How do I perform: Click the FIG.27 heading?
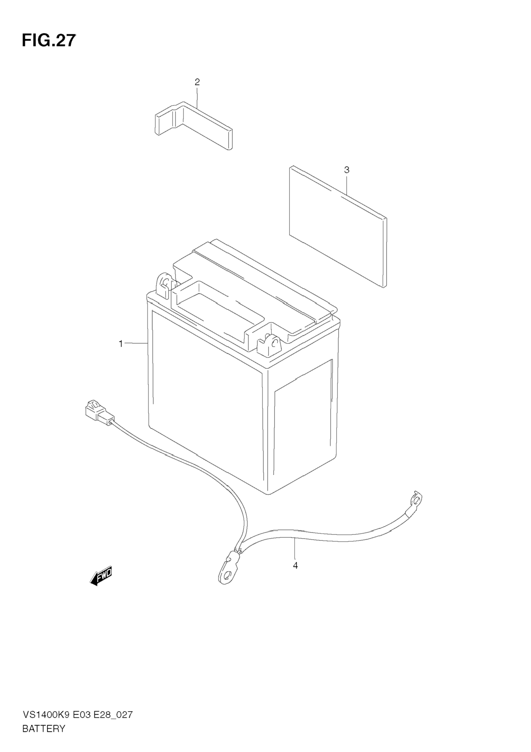tap(49, 41)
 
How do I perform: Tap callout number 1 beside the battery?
tap(121, 344)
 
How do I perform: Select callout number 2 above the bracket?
tap(197, 82)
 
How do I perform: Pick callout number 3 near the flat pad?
tap(346, 170)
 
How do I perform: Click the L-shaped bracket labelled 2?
tap(193, 126)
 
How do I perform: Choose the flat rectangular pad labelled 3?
tap(338, 226)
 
